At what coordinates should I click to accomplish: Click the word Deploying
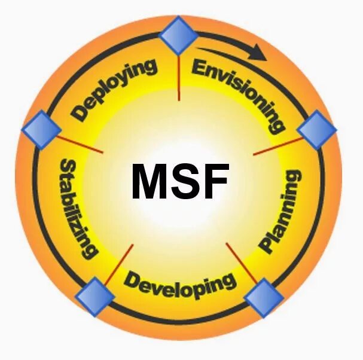(114, 89)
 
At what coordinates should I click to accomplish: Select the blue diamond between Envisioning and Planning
(316, 130)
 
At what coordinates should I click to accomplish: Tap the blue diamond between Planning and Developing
(264, 297)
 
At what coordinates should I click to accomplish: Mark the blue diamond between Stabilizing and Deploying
(41, 129)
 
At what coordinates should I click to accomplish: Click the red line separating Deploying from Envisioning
(179, 78)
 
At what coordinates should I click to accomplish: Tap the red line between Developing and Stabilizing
(119, 263)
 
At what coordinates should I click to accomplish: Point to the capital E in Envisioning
(199, 68)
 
